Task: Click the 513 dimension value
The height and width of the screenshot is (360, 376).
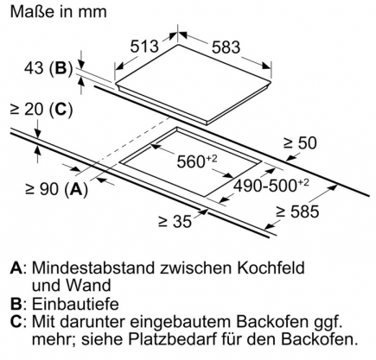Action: pyautogui.click(x=144, y=47)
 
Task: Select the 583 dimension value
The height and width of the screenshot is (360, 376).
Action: pyautogui.click(x=226, y=47)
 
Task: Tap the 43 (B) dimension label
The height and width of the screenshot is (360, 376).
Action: pyautogui.click(x=48, y=68)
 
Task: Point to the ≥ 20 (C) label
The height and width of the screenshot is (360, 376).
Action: pyautogui.click(x=41, y=111)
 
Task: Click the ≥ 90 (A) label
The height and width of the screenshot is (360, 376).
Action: pyautogui.click(x=56, y=189)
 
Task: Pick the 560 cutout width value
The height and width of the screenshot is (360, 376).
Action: pyautogui.click(x=197, y=161)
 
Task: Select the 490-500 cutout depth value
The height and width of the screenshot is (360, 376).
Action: pyautogui.click(x=271, y=186)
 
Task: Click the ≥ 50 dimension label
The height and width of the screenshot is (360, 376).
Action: pyautogui.click(x=300, y=142)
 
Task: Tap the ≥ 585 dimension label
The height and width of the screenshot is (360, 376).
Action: pyautogui.click(x=297, y=212)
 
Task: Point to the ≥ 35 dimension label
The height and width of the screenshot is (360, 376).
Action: pyautogui.click(x=175, y=221)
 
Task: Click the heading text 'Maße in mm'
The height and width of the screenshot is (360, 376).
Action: pyautogui.click(x=59, y=12)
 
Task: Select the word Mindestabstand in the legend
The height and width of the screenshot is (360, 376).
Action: pyautogui.click(x=93, y=268)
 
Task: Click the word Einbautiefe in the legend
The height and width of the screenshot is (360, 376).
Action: pyautogui.click(x=75, y=304)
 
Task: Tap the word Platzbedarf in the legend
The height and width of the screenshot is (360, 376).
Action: pyautogui.click(x=172, y=339)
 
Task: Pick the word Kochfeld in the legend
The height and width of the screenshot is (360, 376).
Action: pyautogui.click(x=271, y=268)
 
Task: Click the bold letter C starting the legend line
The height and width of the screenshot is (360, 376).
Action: pyautogui.click(x=16, y=322)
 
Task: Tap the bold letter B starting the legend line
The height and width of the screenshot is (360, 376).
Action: pyautogui.click(x=16, y=304)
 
